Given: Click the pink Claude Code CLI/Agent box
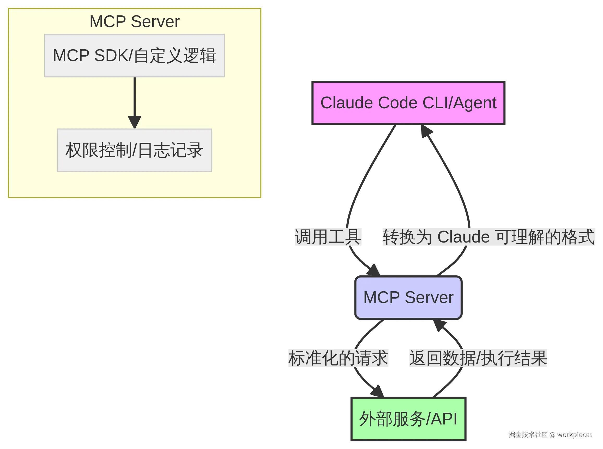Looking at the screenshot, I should pos(408,103).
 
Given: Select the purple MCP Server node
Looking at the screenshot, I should pos(408,298).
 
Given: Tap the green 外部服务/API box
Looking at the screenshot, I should pos(408,419).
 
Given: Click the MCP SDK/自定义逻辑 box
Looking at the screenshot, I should pos(134,56).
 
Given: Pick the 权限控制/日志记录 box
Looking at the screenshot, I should pos(134,150).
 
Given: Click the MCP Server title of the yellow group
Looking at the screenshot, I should pos(134,21).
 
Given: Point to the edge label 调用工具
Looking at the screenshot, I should pos(328,237).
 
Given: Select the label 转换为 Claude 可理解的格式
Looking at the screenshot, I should pos(489,237).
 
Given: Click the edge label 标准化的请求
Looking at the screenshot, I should pos(338,358).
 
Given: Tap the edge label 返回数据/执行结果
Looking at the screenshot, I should pos(478,358).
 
